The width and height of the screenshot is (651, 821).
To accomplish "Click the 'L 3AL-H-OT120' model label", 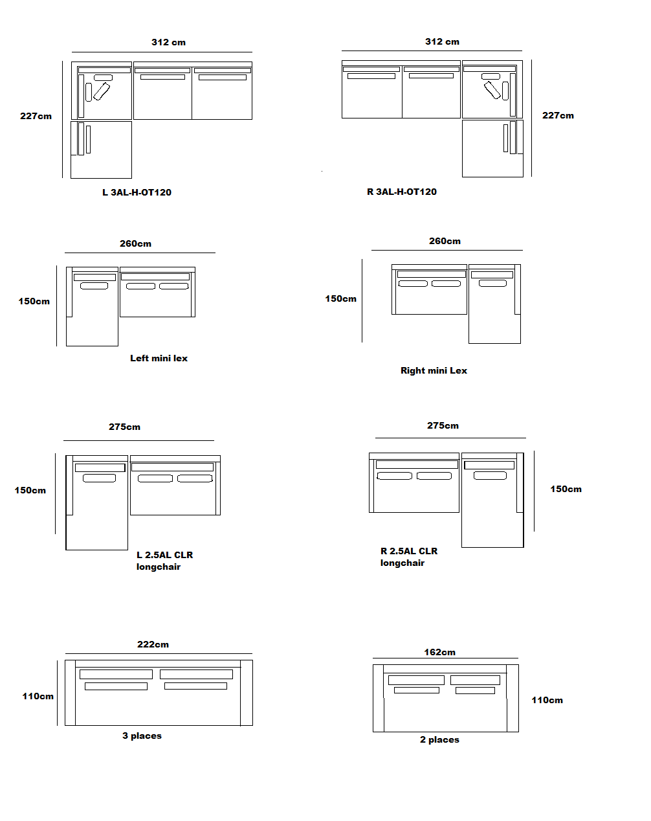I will click(x=137, y=192).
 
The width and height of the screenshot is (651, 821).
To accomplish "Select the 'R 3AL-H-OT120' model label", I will click(x=402, y=192).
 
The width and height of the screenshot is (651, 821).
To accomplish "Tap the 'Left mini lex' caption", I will click(x=159, y=358).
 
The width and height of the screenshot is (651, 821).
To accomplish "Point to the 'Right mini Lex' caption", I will click(x=434, y=370).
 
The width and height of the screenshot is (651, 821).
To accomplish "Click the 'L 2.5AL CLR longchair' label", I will click(x=164, y=561).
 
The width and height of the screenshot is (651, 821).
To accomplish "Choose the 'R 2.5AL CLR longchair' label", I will click(x=409, y=557).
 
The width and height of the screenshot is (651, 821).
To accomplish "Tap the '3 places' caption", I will click(x=142, y=736).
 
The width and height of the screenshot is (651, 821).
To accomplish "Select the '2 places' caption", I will click(x=439, y=739).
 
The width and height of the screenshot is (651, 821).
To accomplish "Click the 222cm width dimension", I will click(x=153, y=644).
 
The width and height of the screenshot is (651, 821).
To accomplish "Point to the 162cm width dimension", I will click(x=439, y=652).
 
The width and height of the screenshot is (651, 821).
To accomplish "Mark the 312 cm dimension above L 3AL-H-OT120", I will click(x=168, y=42).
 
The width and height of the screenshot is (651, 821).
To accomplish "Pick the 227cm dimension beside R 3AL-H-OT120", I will click(x=558, y=115).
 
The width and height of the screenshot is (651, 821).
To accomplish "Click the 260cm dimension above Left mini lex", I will click(x=135, y=243).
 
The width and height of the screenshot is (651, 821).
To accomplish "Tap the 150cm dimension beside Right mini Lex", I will click(x=340, y=298).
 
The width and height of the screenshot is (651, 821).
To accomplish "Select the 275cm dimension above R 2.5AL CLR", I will click(x=443, y=425).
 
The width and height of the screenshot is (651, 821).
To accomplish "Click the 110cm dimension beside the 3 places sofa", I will click(x=38, y=696).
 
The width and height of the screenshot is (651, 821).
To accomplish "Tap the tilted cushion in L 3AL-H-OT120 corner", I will click(x=102, y=91).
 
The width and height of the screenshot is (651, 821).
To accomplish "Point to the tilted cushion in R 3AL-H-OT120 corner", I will click(x=492, y=90).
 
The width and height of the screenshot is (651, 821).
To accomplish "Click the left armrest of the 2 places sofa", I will click(x=379, y=698).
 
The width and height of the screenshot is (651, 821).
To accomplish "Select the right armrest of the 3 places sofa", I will click(x=246, y=693).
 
